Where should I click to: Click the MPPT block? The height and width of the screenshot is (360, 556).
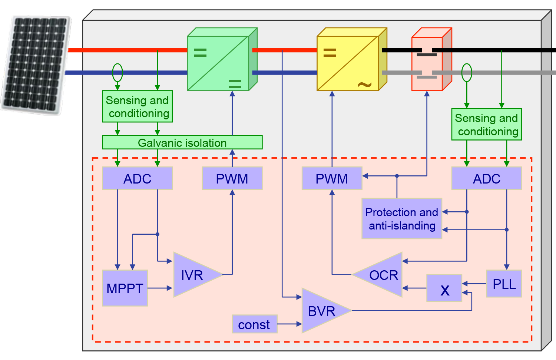pyautogui.click(x=125, y=288)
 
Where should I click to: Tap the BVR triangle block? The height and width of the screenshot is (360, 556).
pyautogui.click(x=322, y=311)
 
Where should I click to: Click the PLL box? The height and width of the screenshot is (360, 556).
pyautogui.click(x=504, y=284)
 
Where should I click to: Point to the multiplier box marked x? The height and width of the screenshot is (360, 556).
pyautogui.click(x=444, y=288)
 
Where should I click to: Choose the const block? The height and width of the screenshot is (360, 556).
pyautogui.click(x=254, y=324)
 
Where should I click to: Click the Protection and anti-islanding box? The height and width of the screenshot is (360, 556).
pyautogui.click(x=402, y=219)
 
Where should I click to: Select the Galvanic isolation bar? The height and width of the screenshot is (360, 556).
pyautogui.click(x=182, y=142)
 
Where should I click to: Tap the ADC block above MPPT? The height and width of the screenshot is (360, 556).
pyautogui.click(x=137, y=179)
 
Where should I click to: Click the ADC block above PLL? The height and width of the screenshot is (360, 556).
pyautogui.click(x=486, y=179)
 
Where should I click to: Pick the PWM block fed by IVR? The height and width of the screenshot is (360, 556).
pyautogui.click(x=232, y=179)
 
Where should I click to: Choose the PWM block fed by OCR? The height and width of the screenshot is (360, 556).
pyautogui.click(x=332, y=179)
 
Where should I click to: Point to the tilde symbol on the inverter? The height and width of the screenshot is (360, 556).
pyautogui.click(x=365, y=85)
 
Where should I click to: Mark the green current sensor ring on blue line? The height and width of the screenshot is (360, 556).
pyautogui.click(x=118, y=73)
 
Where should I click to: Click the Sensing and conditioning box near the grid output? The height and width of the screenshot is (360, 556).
pyautogui.click(x=486, y=125)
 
